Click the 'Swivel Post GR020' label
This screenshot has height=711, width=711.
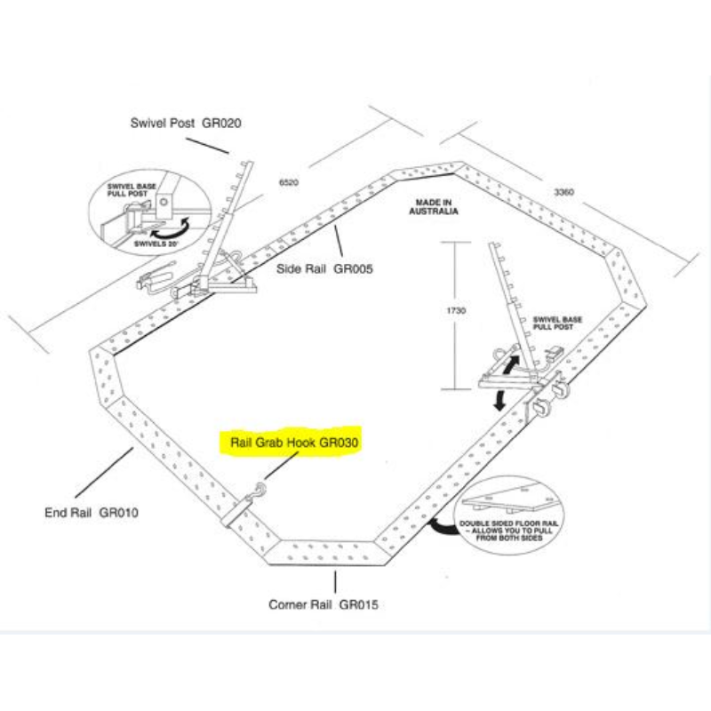pos(185,123)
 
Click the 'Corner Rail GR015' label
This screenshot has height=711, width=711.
pos(324,605)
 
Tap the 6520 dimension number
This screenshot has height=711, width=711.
pos(288,182)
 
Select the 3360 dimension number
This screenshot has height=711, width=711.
pos(564,191)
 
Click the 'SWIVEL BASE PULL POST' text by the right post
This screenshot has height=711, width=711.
pos(555,323)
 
